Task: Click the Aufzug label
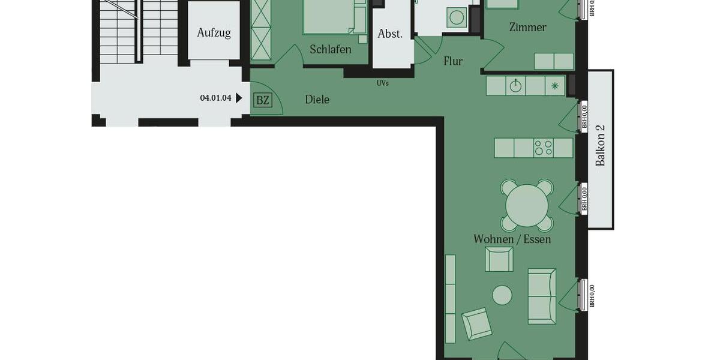pyautogui.click(x=214, y=32)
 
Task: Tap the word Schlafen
pyautogui.click(x=331, y=49)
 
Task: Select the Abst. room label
pyautogui.click(x=390, y=34)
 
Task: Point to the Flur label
pyautogui.click(x=453, y=61)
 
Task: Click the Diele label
pyautogui.click(x=317, y=100)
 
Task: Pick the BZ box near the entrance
pyautogui.click(x=263, y=100)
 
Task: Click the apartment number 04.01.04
pyautogui.click(x=215, y=98)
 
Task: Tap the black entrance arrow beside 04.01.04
pyautogui.click(x=239, y=98)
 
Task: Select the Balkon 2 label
pyautogui.click(x=601, y=146)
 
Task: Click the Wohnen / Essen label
pyautogui.click(x=512, y=239)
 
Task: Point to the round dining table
pyautogui.click(x=527, y=206)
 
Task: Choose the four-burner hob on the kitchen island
pyautogui.click(x=544, y=148)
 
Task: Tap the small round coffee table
pyautogui.click(x=502, y=295)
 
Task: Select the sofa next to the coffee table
pyautogui.click(x=542, y=296)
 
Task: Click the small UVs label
pyautogui.click(x=383, y=83)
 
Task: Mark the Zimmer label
pyautogui.click(x=527, y=27)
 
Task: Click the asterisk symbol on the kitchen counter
pyautogui.click(x=555, y=86)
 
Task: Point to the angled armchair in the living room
pyautogui.click(x=477, y=324)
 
